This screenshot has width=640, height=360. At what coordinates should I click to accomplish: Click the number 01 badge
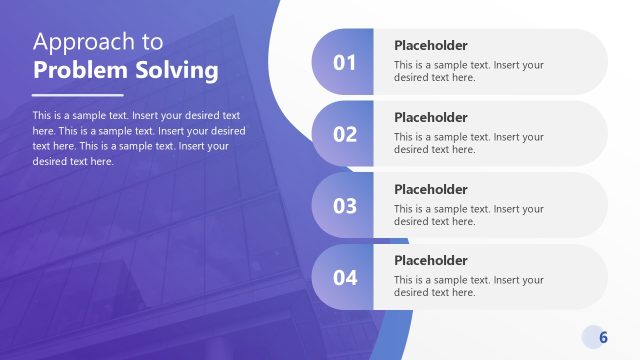[344, 62]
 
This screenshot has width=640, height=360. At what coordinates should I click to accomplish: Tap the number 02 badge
[344, 134]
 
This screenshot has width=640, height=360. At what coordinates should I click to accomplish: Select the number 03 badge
[344, 206]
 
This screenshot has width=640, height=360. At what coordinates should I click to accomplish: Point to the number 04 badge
[344, 278]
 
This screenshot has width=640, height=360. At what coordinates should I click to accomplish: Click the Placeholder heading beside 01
[430, 45]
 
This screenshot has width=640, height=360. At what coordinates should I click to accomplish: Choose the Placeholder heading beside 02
[430, 117]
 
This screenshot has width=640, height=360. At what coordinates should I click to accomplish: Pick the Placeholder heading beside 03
[430, 189]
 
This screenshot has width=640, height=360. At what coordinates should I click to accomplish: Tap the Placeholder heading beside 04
[430, 261]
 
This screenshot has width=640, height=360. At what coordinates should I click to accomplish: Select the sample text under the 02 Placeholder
[468, 143]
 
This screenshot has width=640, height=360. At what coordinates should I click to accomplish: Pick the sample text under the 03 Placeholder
[468, 215]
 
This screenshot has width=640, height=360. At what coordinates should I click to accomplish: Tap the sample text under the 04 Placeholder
[468, 286]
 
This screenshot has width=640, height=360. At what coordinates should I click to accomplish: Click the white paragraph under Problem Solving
[138, 138]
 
